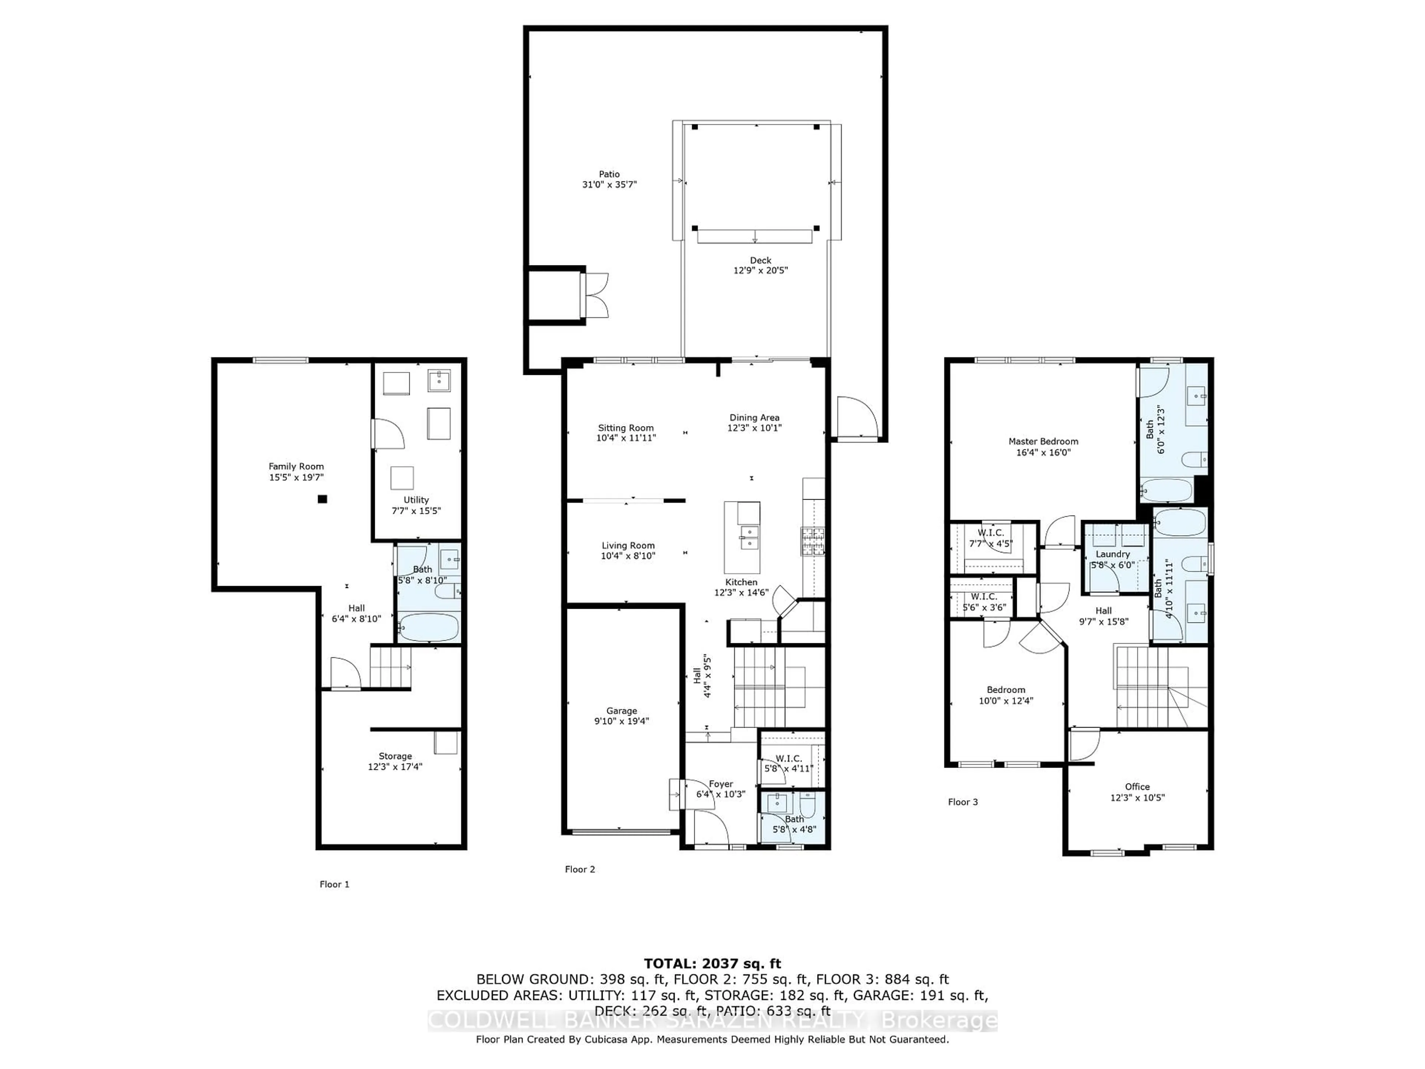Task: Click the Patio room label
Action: click(x=609, y=174)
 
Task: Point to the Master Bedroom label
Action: click(x=1043, y=441)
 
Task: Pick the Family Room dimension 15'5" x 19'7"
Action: click(x=297, y=477)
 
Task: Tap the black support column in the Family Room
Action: click(x=323, y=499)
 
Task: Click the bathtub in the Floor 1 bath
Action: click(x=428, y=627)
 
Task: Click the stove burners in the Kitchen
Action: click(x=813, y=540)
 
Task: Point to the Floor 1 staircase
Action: click(x=390, y=667)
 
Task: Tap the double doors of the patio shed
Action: click(x=596, y=295)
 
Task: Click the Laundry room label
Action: click(x=1113, y=554)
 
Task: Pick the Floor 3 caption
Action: click(x=963, y=802)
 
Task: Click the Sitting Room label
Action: click(x=626, y=428)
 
